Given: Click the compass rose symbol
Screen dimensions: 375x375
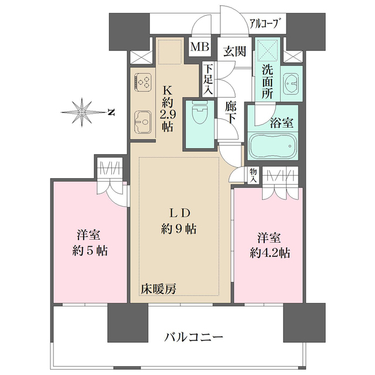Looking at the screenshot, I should (83, 111).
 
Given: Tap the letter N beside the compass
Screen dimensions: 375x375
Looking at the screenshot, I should (110, 111).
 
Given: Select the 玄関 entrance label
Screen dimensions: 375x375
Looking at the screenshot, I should (233, 52).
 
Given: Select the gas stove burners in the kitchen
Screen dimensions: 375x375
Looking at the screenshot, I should (143, 81).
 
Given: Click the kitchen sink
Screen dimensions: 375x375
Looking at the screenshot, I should (143, 122).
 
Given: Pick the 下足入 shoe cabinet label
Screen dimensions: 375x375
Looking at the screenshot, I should (209, 78).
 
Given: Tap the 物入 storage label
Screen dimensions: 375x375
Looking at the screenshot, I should (253, 175).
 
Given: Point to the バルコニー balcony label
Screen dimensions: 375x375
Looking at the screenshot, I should (193, 337).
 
